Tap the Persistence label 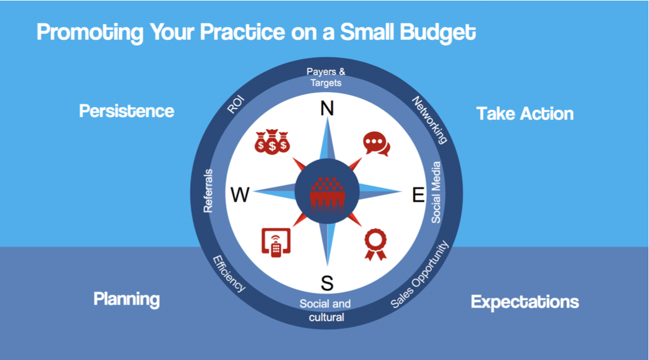pyautogui.click(x=127, y=111)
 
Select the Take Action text pyautogui.click(x=525, y=114)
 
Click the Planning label pyautogui.click(x=127, y=299)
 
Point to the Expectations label pyautogui.click(x=525, y=302)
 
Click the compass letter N pyautogui.click(x=327, y=109)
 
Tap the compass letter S pyautogui.click(x=327, y=284)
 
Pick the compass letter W pyautogui.click(x=240, y=194)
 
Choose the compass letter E pyautogui.click(x=418, y=194)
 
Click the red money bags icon pyautogui.click(x=272, y=142)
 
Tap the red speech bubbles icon pyautogui.click(x=376, y=144)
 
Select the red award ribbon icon pyautogui.click(x=375, y=244)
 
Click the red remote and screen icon pyautogui.click(x=276, y=243)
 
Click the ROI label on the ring pyautogui.click(x=236, y=105)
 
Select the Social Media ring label pyautogui.click(x=436, y=193)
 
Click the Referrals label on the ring pyautogui.click(x=208, y=191)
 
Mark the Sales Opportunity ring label pyautogui.click(x=420, y=274)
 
